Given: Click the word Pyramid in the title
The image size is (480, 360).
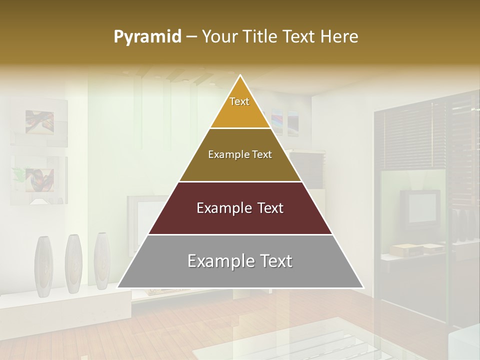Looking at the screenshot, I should point(147,37).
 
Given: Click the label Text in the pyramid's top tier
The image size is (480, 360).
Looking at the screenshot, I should point(239,101).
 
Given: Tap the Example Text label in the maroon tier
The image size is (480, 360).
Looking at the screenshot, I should point(240,208).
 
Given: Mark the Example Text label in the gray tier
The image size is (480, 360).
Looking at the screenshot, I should point(240,261).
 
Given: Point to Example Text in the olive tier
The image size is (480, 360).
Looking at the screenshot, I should point(240,154).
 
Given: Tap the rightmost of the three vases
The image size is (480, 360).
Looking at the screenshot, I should point(102,260).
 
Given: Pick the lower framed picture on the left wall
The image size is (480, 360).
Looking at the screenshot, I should point(39,177).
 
